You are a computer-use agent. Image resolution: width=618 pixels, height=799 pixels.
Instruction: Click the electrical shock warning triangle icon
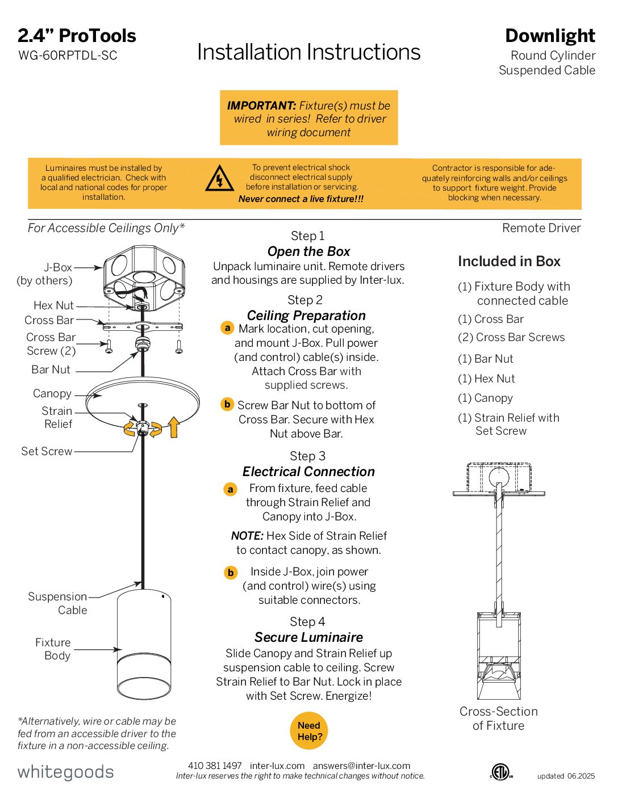219,179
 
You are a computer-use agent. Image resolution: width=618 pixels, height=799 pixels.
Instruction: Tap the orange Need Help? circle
310,731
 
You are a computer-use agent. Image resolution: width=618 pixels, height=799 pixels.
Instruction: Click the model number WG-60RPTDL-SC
68,56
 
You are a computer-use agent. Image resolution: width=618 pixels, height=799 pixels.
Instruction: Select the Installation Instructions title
308,52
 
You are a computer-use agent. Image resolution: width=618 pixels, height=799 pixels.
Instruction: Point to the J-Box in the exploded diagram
144,272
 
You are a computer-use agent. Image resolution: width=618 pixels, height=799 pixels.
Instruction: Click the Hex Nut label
53,305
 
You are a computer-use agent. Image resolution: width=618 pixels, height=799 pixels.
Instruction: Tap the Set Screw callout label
47,452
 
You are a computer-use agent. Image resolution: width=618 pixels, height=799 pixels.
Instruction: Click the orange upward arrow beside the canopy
174,427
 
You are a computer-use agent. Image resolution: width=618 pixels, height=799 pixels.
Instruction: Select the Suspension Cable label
57,603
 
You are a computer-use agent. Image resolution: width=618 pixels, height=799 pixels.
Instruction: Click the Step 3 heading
307,456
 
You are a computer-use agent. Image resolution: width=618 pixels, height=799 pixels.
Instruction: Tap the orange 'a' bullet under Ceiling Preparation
227,328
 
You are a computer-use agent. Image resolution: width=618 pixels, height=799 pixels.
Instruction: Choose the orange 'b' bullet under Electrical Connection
231,573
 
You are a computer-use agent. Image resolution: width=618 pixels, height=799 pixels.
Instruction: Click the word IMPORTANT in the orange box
261,106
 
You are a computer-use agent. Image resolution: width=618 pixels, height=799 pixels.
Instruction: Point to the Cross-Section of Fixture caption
498,718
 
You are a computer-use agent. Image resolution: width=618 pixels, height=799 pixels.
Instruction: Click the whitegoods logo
65,772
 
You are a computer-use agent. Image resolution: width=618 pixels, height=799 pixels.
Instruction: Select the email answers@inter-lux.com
361,766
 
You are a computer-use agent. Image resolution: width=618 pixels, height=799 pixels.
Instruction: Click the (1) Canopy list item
485,398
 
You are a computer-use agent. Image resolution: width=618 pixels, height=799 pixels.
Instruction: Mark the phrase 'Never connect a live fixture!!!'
301,199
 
